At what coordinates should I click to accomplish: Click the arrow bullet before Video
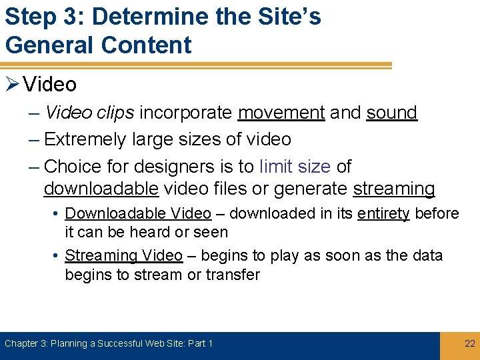11,85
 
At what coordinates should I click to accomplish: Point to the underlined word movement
281,113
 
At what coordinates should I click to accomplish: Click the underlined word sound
391,113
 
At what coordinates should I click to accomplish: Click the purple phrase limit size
295,166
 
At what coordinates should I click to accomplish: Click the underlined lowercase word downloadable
101,189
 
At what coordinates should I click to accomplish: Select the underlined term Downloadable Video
138,214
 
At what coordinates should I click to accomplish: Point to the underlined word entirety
383,214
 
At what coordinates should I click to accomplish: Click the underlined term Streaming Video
123,256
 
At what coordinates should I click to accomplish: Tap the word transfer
233,275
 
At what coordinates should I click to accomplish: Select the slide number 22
469,343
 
